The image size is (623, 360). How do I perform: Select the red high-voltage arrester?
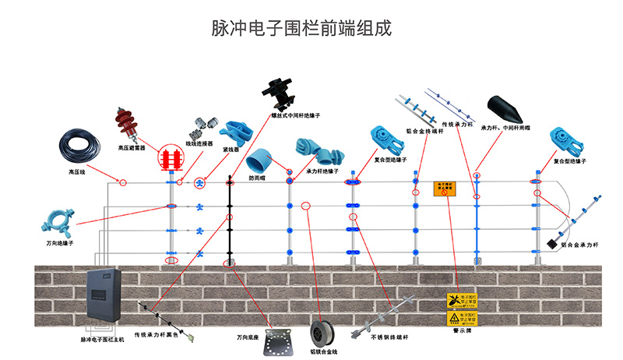pos(125,124)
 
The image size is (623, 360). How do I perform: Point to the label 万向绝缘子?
pos(60,244)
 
